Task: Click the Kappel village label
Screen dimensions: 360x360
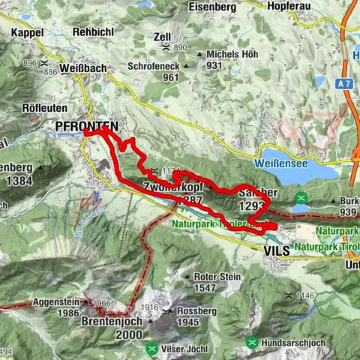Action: (28, 33)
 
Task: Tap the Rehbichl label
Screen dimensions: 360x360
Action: (92, 33)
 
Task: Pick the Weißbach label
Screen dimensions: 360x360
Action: (85, 67)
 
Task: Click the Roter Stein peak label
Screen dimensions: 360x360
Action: (220, 276)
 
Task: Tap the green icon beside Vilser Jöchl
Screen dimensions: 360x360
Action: (153, 348)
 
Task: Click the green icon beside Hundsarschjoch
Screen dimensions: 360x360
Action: (253, 343)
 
